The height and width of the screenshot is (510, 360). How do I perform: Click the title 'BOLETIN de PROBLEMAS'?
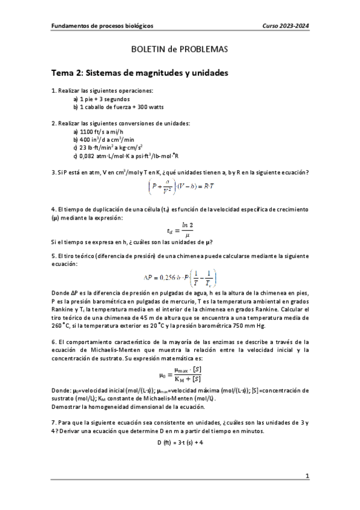[180, 51]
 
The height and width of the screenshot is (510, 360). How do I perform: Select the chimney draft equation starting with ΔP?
[180, 277]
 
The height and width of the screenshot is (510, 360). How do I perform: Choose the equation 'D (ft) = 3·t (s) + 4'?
[180, 442]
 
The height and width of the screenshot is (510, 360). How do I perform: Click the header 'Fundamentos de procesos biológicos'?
[102, 26]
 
